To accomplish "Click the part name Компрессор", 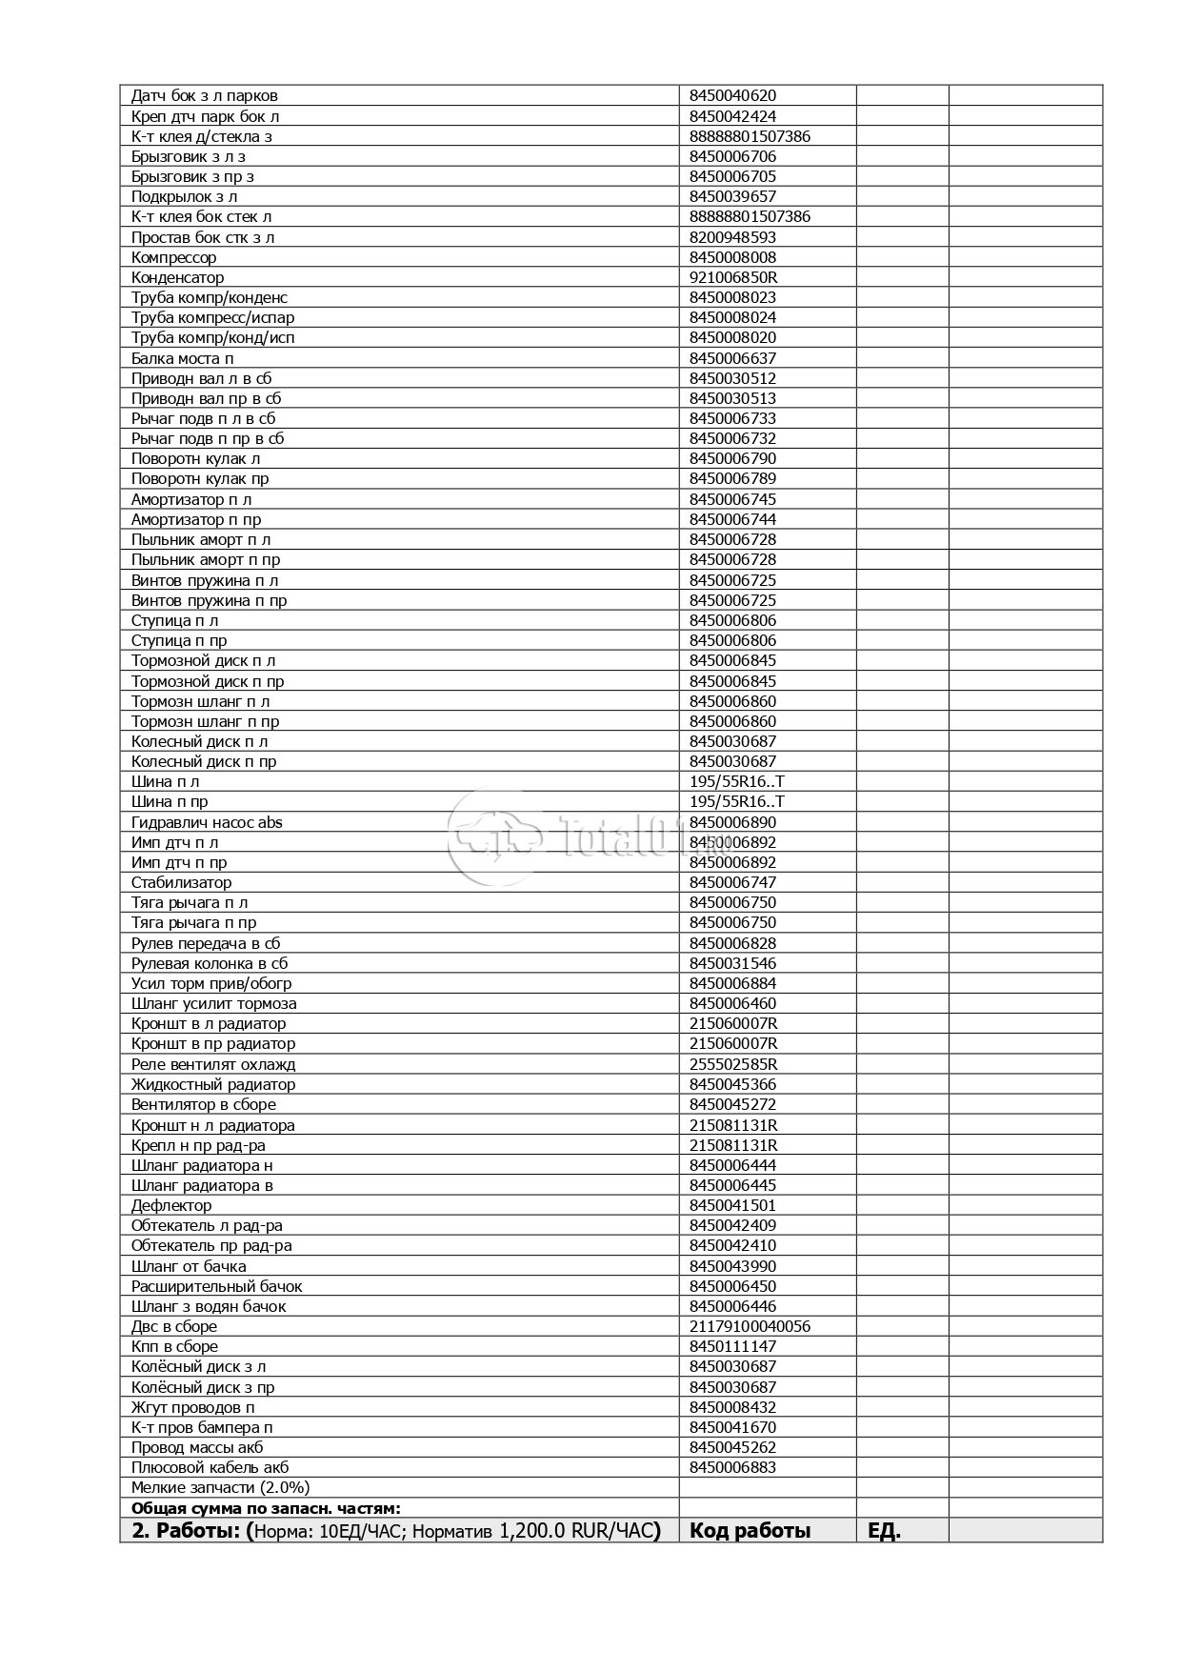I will (173, 257).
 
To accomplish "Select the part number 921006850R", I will (733, 277).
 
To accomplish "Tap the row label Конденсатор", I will (177, 277).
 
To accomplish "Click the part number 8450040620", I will (732, 95).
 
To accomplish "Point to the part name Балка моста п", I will (182, 358).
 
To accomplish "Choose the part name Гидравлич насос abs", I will (207, 822).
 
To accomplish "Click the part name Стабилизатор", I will (181, 882).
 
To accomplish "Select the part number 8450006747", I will (732, 882).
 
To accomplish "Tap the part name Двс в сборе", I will (174, 1326).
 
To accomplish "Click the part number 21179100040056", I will (750, 1326).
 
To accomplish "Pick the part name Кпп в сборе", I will (174, 1346).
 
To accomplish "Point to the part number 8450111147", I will (732, 1346).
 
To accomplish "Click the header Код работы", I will (750, 1531).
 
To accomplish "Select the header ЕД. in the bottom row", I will (884, 1531).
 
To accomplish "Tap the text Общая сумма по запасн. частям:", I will (266, 1508).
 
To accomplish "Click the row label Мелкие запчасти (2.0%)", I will (220, 1487).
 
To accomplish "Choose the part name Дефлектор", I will (171, 1205).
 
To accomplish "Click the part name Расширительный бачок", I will (216, 1286).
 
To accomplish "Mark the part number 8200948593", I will (732, 237).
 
